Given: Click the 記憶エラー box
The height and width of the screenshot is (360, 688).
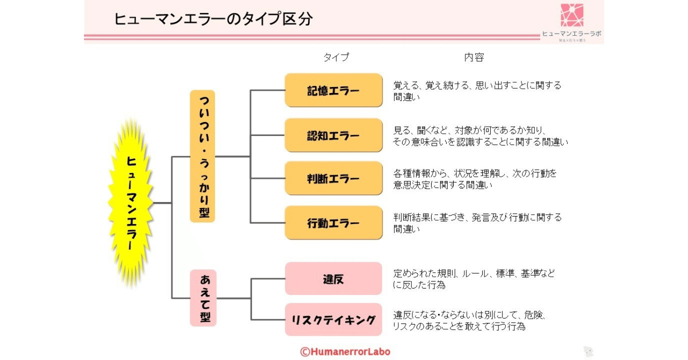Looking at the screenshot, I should (x=333, y=90).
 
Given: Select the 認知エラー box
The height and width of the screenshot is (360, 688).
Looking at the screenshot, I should (x=333, y=135).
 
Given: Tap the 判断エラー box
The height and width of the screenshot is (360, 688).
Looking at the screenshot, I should (x=333, y=178).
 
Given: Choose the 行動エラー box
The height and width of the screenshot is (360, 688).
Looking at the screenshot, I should (x=333, y=222).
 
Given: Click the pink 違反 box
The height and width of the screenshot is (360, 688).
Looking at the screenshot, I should (x=333, y=279).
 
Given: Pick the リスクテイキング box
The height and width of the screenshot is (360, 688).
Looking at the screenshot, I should (x=333, y=320).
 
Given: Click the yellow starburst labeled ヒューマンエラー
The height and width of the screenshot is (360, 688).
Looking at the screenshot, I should (x=131, y=203).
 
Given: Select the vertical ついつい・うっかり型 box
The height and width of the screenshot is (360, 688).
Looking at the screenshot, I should (x=203, y=156).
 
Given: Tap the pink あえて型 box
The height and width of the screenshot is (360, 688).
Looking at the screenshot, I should (x=203, y=298).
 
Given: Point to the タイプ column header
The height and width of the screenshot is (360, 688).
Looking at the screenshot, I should (x=336, y=57).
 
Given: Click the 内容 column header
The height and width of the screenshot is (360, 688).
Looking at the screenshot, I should (x=474, y=57).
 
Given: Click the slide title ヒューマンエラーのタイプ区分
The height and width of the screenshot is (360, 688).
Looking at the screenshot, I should (x=213, y=19).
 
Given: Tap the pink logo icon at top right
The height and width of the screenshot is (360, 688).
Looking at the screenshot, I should (x=572, y=15).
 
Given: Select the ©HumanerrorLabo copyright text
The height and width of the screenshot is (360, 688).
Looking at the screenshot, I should (x=345, y=352).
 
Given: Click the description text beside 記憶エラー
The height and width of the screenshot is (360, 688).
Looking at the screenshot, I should (x=477, y=91).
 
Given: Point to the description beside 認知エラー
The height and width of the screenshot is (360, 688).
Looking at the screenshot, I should (x=480, y=136).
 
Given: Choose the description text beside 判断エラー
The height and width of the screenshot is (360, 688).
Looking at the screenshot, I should (x=475, y=179).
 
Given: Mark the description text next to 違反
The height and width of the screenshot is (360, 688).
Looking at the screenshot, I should (x=474, y=279).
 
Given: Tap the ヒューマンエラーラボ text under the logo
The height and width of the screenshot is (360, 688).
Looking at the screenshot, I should (x=571, y=33).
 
